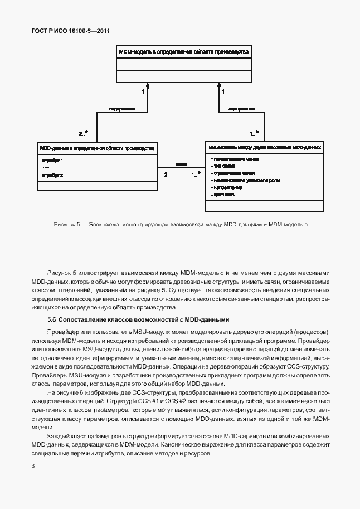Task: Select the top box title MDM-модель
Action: (183, 51)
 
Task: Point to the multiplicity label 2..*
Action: (84, 133)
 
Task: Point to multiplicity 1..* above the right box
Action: (253, 133)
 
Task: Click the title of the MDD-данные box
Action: (96, 148)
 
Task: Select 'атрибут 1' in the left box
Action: (52, 161)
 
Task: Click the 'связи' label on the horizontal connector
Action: (181, 164)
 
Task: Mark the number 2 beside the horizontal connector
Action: (166, 175)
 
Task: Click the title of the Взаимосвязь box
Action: (264, 148)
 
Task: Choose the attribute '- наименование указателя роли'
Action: (245, 181)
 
